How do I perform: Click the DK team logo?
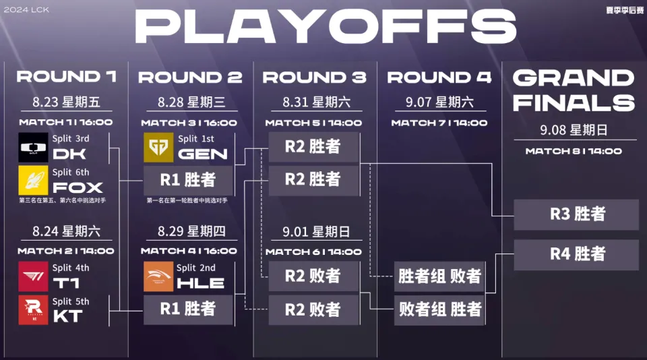(x=33, y=147)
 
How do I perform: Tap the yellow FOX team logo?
(x=33, y=181)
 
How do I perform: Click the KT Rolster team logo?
(x=33, y=309)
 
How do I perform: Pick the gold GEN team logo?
(x=158, y=147)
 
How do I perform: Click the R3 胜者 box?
(x=576, y=214)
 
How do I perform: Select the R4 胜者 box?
(x=576, y=254)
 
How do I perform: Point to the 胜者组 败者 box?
(x=439, y=276)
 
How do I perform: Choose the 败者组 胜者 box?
(x=439, y=309)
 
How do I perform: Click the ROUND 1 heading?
(x=66, y=77)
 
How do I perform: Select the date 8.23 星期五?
(x=66, y=102)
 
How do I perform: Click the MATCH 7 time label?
(x=439, y=123)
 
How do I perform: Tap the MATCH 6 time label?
(x=313, y=251)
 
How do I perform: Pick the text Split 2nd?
(x=196, y=268)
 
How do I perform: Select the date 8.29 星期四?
(x=191, y=231)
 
